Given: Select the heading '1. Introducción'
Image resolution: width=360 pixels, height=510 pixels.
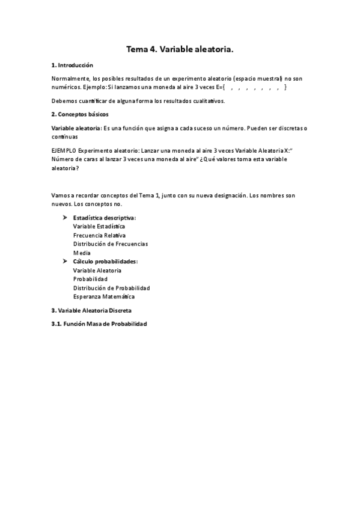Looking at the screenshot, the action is pos(72,65).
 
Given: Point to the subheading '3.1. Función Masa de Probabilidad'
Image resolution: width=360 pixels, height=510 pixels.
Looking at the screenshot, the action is pos(99,324).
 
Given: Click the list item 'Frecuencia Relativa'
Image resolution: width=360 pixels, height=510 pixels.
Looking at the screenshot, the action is pos(99,235).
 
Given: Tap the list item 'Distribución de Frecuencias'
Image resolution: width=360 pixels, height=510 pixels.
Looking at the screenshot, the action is pos(111,244).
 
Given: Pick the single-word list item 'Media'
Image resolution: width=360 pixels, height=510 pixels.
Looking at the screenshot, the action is pos(82,253).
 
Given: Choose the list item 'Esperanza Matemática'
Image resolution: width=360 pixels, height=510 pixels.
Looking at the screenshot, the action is pos(104,297).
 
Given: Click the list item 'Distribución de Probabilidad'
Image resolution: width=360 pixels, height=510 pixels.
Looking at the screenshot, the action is pos(111,288).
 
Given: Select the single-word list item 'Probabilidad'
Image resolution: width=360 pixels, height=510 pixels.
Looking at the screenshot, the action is pos(90,279).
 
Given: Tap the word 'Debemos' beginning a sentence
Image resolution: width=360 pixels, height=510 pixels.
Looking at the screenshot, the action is pos(64,100).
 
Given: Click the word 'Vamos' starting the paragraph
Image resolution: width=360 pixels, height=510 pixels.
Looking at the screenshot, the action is pos(60,196).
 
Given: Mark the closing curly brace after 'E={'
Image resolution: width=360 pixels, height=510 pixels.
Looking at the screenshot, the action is pos(285,87).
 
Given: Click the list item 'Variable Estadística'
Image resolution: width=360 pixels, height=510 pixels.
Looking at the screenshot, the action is pos(99,226).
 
